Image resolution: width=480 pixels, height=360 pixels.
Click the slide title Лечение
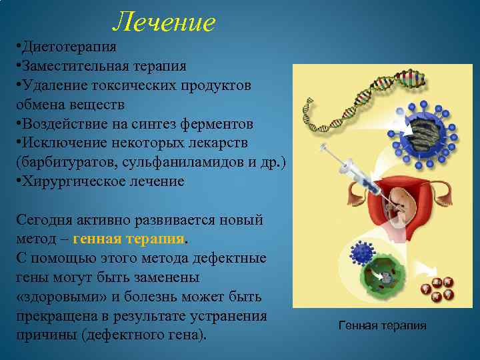(x=164, y=22)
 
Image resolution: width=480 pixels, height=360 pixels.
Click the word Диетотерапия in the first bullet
(x=69, y=47)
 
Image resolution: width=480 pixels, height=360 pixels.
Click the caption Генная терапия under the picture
(x=382, y=325)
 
